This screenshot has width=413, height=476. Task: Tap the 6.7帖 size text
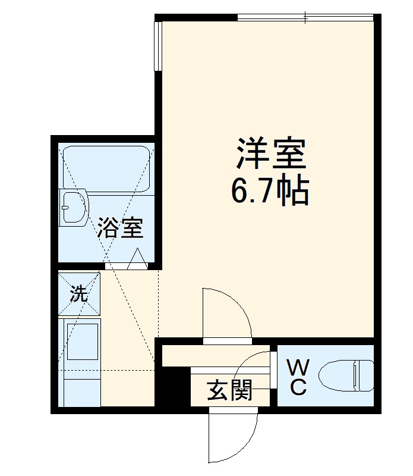pyautogui.click(x=271, y=190)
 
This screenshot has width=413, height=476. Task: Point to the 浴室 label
pyautogui.click(x=120, y=228)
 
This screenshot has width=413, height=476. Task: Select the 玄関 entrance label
pyautogui.click(x=230, y=390)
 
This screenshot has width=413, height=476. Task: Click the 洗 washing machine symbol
pyautogui.click(x=80, y=294)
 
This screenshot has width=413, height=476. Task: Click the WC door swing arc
pyautogui.click(x=256, y=369)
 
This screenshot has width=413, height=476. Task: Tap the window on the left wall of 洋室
pyautogui.click(x=157, y=46)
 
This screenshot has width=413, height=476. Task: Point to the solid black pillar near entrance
pyautogui.click(x=172, y=387)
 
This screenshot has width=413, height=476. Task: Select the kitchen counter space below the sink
pyautogui.click(x=80, y=387)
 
